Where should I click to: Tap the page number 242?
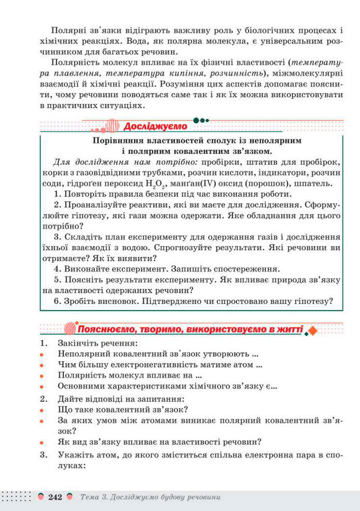point(55,497)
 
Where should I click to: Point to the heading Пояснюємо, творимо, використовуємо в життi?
point(189,329)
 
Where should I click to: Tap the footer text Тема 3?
point(94,497)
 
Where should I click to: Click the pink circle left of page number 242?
point(40,497)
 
